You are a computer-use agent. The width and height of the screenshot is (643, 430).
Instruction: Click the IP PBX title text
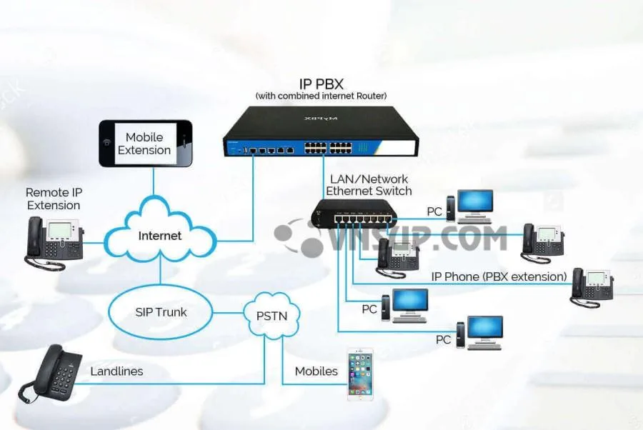tap(321, 84)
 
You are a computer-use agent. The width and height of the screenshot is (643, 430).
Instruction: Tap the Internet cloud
tap(160, 235)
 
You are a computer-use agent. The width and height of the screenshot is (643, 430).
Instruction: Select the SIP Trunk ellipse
tap(161, 312)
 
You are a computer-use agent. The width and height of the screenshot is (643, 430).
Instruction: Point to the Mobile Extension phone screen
tap(144, 144)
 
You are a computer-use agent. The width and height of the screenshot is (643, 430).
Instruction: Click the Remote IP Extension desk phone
tap(54, 241)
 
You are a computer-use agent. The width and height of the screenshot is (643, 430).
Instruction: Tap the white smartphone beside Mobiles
tap(360, 373)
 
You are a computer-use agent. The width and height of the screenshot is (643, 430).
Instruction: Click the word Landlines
tap(116, 371)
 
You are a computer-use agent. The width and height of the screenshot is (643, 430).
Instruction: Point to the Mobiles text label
tap(316, 371)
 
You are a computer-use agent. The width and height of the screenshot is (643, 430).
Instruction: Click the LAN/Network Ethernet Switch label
tap(369, 185)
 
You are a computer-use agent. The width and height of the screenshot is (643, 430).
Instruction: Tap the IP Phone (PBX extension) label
tap(499, 276)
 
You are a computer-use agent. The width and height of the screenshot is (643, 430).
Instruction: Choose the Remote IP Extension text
tap(54, 199)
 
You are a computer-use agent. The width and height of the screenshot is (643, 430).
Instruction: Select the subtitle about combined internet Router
tap(321, 96)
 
